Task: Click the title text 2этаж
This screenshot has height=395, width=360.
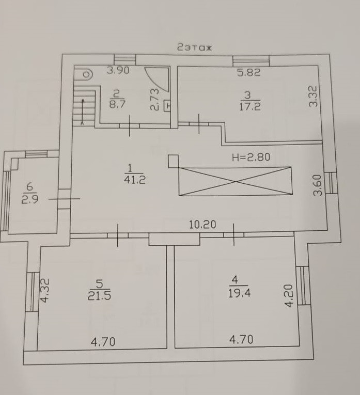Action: [195, 48]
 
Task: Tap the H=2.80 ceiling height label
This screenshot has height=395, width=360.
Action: [251, 157]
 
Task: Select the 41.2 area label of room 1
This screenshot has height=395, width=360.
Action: [130, 180]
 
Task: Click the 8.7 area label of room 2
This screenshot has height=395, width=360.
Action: [117, 103]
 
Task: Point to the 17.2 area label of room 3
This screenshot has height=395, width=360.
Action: [250, 107]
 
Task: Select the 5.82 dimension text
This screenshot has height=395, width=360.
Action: [249, 73]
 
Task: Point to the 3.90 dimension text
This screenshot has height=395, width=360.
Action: [118, 71]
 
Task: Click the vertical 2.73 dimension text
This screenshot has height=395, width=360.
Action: [153, 100]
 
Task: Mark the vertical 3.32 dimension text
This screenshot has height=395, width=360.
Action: [313, 96]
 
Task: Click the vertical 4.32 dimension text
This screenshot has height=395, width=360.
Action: [45, 290]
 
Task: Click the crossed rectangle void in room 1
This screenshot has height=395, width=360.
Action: [235, 181]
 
